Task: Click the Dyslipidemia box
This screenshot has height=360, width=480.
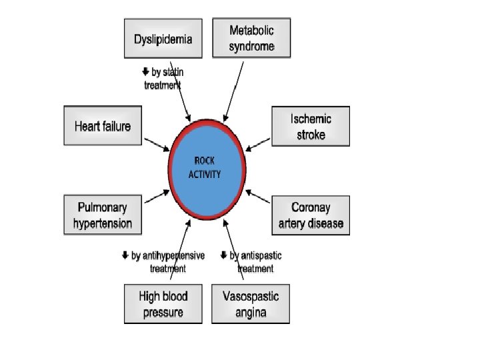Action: click(x=163, y=39)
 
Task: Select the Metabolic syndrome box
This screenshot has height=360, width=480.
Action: click(x=251, y=39)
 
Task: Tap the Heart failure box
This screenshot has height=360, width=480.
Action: click(x=103, y=125)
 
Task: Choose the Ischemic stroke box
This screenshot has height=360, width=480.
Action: click(x=311, y=126)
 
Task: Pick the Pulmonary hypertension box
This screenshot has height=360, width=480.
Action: click(x=103, y=215)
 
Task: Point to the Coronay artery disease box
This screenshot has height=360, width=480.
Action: click(x=311, y=215)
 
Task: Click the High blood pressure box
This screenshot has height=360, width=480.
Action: click(x=163, y=304)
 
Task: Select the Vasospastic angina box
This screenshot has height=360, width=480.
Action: click(x=251, y=304)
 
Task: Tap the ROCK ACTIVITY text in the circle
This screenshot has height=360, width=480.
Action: click(x=207, y=167)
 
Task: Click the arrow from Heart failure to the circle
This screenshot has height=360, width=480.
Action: click(x=156, y=146)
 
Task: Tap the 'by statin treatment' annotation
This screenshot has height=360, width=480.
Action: click(x=163, y=79)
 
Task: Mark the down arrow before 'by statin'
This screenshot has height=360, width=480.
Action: click(x=145, y=72)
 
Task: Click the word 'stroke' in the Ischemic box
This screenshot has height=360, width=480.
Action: click(x=311, y=135)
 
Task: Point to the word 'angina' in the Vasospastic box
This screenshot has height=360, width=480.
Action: click(x=251, y=313)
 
